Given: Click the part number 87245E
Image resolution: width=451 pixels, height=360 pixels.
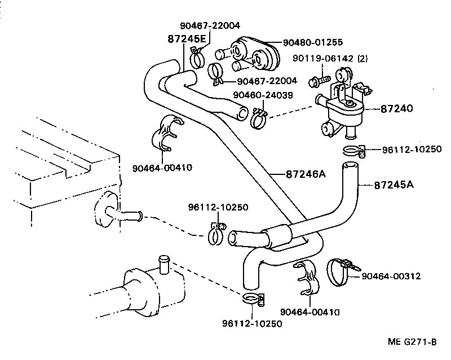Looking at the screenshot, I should [187, 39].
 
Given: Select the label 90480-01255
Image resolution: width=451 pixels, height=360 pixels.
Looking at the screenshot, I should [312, 42].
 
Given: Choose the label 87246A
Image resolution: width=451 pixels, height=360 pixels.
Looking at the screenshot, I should [297, 174].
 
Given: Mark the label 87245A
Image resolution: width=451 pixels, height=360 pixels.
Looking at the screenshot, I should [393, 185].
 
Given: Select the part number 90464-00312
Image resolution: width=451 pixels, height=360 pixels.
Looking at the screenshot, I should [391, 276].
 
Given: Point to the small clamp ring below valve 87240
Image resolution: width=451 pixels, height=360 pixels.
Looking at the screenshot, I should [352, 150].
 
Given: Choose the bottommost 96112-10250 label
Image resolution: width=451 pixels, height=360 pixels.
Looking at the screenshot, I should [251, 323].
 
